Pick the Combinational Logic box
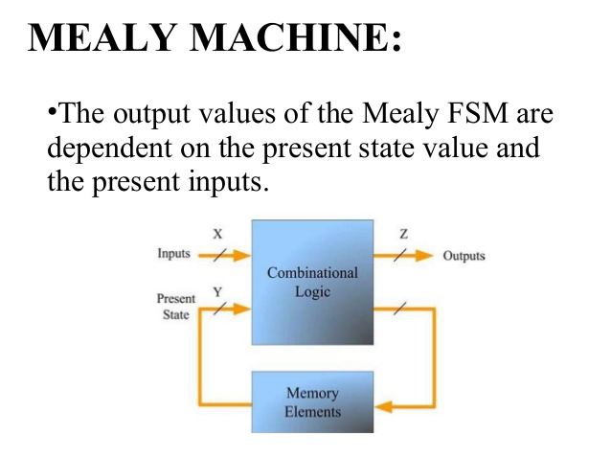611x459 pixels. pos(312,282)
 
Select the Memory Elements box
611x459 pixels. pos(312,402)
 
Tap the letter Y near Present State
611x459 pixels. pos(217,290)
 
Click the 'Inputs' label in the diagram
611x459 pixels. pos(172,256)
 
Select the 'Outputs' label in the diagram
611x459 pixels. pos(464,256)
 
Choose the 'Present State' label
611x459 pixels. pos(175,307)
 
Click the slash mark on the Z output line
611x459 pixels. pos(402,256)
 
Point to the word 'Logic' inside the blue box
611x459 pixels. pos(312,291)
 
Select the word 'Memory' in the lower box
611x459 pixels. pos(312,393)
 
